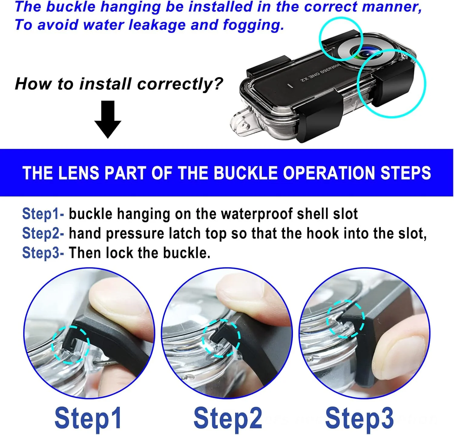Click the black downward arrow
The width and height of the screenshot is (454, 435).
pyautogui.click(x=108, y=119)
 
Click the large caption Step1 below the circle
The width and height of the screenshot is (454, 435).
pyautogui.click(x=88, y=418)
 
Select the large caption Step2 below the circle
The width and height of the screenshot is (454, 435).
pyautogui.click(x=228, y=418)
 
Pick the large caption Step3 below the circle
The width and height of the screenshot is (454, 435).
pyautogui.click(x=360, y=418)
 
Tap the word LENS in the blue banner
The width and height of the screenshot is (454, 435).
pyautogui.click(x=78, y=173)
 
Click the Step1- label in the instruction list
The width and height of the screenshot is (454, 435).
pyautogui.click(x=43, y=214)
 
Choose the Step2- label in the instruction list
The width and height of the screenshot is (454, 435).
pyautogui.click(x=43, y=233)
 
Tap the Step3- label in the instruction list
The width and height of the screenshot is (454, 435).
pyautogui.click(x=43, y=253)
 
